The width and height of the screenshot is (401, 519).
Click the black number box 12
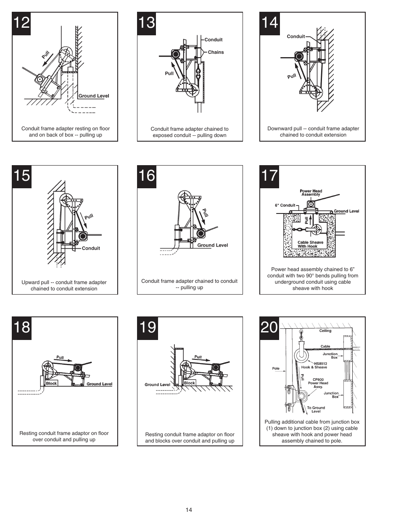[21, 22]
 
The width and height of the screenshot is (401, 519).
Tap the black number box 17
[269, 175]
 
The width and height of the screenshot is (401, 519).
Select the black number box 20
[269, 327]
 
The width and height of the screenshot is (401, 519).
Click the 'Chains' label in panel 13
[216, 52]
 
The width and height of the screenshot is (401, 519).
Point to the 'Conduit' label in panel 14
[295, 37]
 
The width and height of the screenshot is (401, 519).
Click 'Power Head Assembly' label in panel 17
[311, 193]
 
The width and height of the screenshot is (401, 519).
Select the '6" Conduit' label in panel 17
[285, 205]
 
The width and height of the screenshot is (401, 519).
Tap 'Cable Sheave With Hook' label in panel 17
[310, 244]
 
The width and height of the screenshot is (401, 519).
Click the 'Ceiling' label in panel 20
[325, 331]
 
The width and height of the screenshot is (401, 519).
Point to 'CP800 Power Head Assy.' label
[318, 383]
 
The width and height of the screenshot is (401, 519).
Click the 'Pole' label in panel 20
[276, 369]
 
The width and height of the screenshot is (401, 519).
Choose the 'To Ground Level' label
[316, 409]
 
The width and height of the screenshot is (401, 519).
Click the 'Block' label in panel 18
[51, 383]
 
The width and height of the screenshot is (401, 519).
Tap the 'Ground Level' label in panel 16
[212, 245]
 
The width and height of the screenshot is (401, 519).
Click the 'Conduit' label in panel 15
[91, 248]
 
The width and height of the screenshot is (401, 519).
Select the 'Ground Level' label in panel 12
[94, 96]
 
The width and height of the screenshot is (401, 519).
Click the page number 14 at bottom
[189, 510]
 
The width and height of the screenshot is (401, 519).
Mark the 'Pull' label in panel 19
[198, 357]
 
